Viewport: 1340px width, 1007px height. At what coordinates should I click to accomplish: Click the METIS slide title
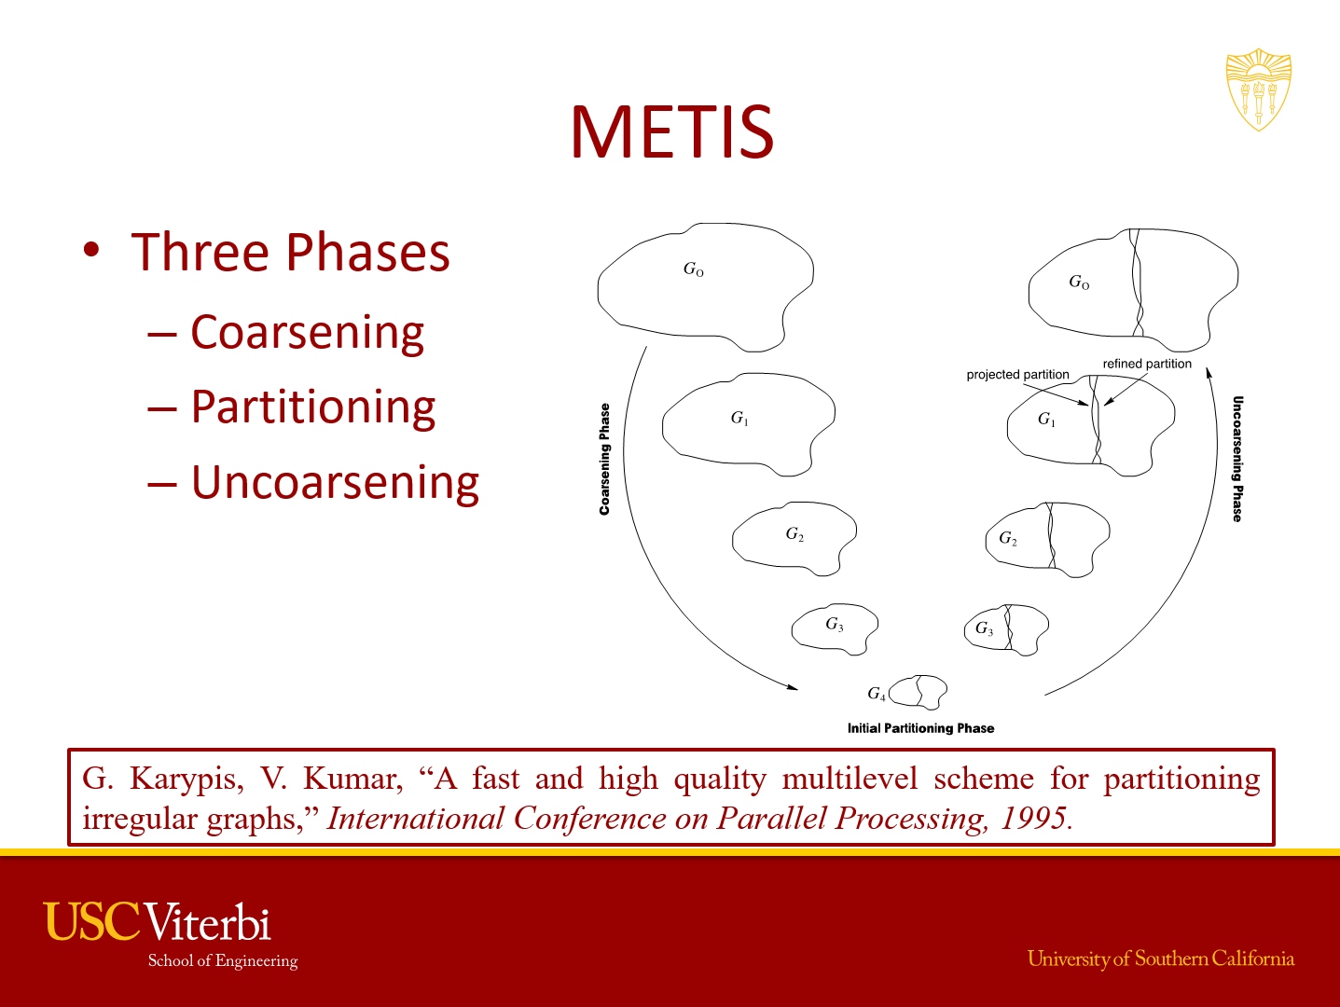[x=672, y=131]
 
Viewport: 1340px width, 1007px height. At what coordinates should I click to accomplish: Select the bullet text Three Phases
[x=291, y=252]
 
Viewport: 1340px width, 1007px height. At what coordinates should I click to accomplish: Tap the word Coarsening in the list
[x=307, y=332]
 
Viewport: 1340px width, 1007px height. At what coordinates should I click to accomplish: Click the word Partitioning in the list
[x=313, y=407]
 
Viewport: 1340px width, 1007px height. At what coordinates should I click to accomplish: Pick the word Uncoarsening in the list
[x=335, y=483]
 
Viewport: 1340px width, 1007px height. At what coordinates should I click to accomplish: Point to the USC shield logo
[x=1258, y=90]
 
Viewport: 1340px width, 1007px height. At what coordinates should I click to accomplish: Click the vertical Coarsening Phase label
[x=604, y=459]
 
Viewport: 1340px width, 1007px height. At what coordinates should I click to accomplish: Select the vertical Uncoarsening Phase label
[x=1237, y=459]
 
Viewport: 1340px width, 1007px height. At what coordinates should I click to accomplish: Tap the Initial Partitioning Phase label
[x=920, y=728]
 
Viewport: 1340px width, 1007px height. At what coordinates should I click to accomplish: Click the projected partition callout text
[x=1017, y=374]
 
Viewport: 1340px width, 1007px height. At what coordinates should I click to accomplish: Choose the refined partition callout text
[x=1147, y=364]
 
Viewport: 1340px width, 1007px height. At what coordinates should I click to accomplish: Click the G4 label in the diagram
[x=877, y=694]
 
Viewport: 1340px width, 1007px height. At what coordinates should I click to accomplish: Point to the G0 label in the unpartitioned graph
[x=694, y=269]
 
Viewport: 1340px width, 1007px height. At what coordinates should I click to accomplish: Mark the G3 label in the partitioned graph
[x=984, y=628]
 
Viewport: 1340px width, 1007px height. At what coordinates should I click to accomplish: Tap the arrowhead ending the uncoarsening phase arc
[x=1209, y=373]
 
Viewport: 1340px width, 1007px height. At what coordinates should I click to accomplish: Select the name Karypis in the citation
[x=186, y=779]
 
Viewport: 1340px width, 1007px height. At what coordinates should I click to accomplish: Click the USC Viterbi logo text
[x=158, y=922]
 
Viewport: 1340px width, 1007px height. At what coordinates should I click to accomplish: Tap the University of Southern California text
[x=1161, y=959]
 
